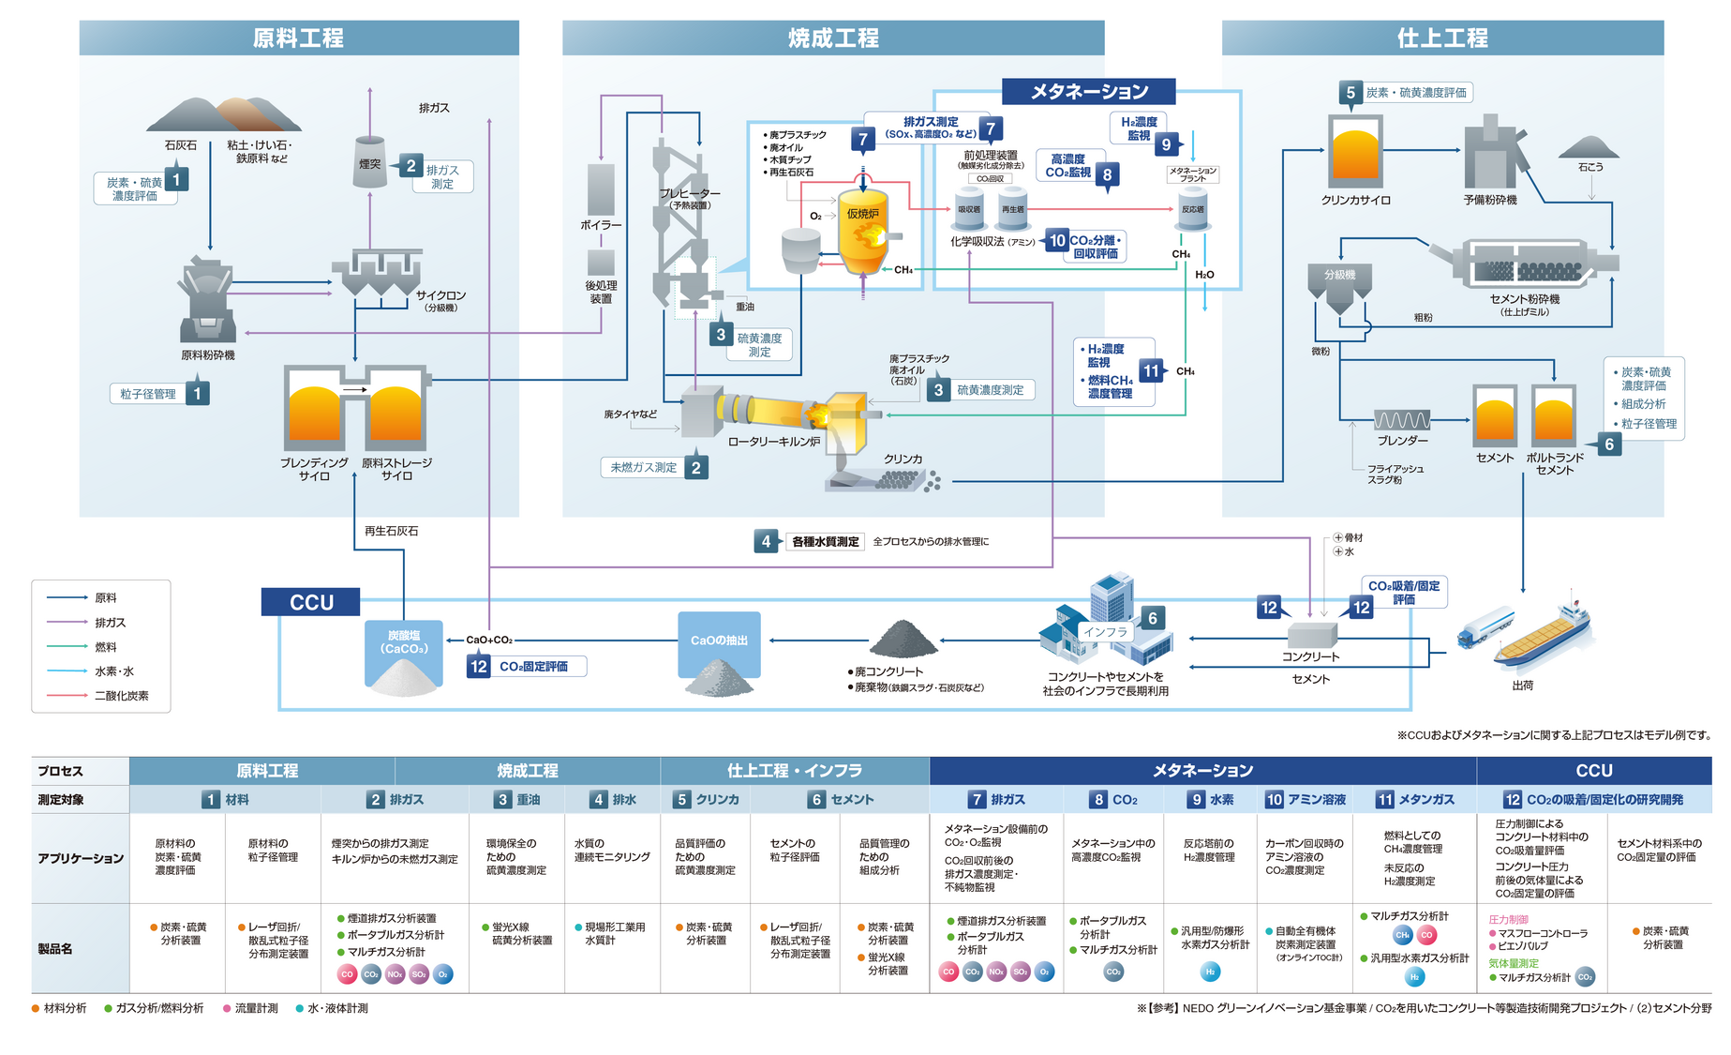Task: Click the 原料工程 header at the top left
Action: pyautogui.click(x=298, y=38)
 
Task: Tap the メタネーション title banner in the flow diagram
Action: pyautogui.click(x=1089, y=91)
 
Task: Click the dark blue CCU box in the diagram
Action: pyautogui.click(x=311, y=602)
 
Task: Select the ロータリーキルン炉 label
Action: pyautogui.click(x=773, y=442)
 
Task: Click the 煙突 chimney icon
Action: pyautogui.click(x=370, y=154)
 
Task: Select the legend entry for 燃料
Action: pyautogui.click(x=106, y=647)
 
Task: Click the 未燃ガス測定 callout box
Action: pyautogui.click(x=644, y=467)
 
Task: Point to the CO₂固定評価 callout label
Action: pyautogui.click(x=533, y=667)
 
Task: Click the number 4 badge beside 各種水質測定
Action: pyautogui.click(x=766, y=541)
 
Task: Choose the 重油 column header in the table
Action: pyautogui.click(x=517, y=800)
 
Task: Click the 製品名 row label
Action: pyautogui.click(x=56, y=949)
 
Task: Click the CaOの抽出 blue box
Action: pyautogui.click(x=719, y=641)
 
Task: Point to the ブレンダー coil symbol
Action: pyautogui.click(x=1402, y=420)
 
